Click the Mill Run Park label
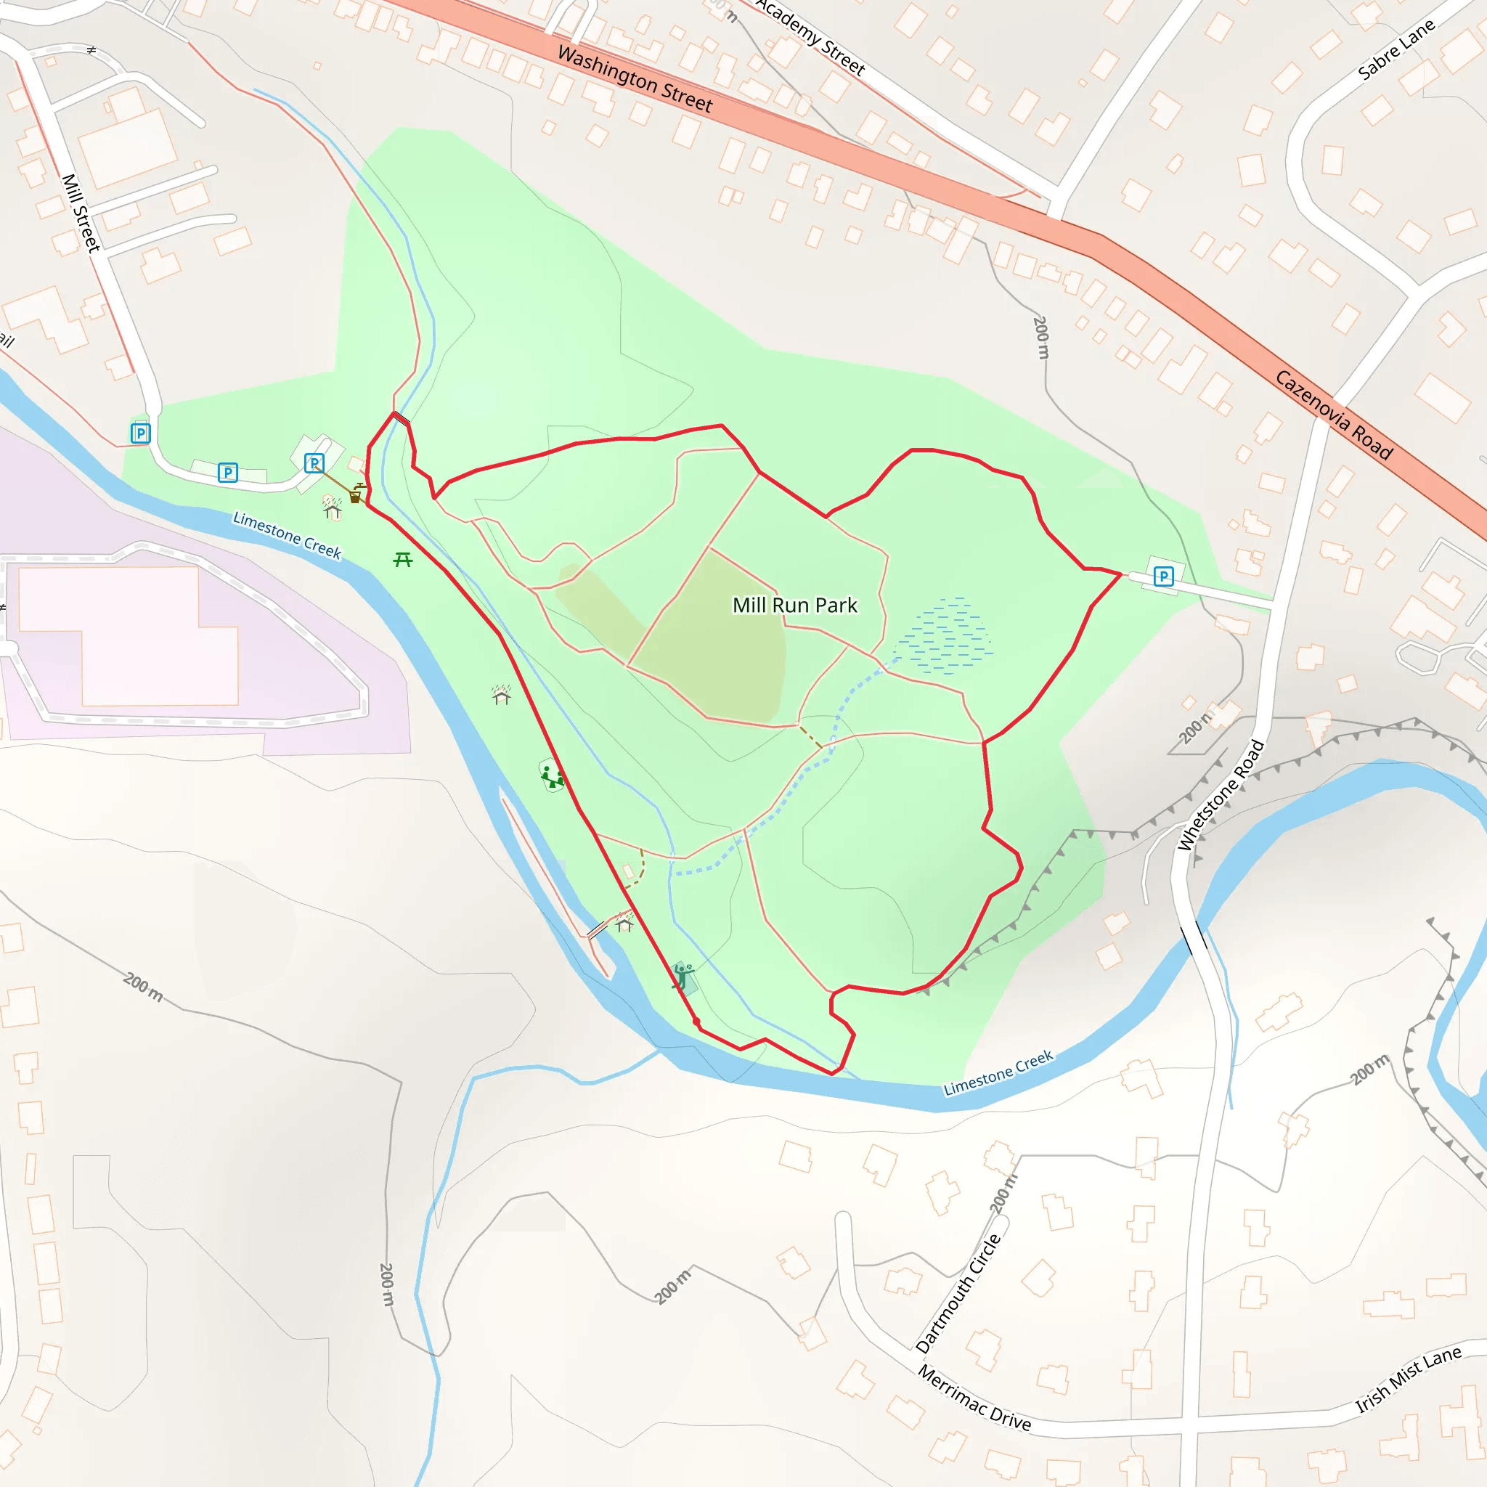point(794,606)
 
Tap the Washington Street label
point(635,79)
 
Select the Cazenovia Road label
point(1333,415)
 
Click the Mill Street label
point(81,213)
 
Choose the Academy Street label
point(810,36)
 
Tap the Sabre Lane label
point(1396,49)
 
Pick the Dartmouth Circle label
point(959,1293)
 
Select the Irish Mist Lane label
point(1408,1380)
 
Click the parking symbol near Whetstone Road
point(1164,577)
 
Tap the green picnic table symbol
point(402,560)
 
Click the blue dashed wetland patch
point(946,636)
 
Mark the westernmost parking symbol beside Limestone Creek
point(140,433)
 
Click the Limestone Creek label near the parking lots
point(287,535)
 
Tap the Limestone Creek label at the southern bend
point(998,1072)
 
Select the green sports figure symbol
point(682,976)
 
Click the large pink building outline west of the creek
point(127,635)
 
